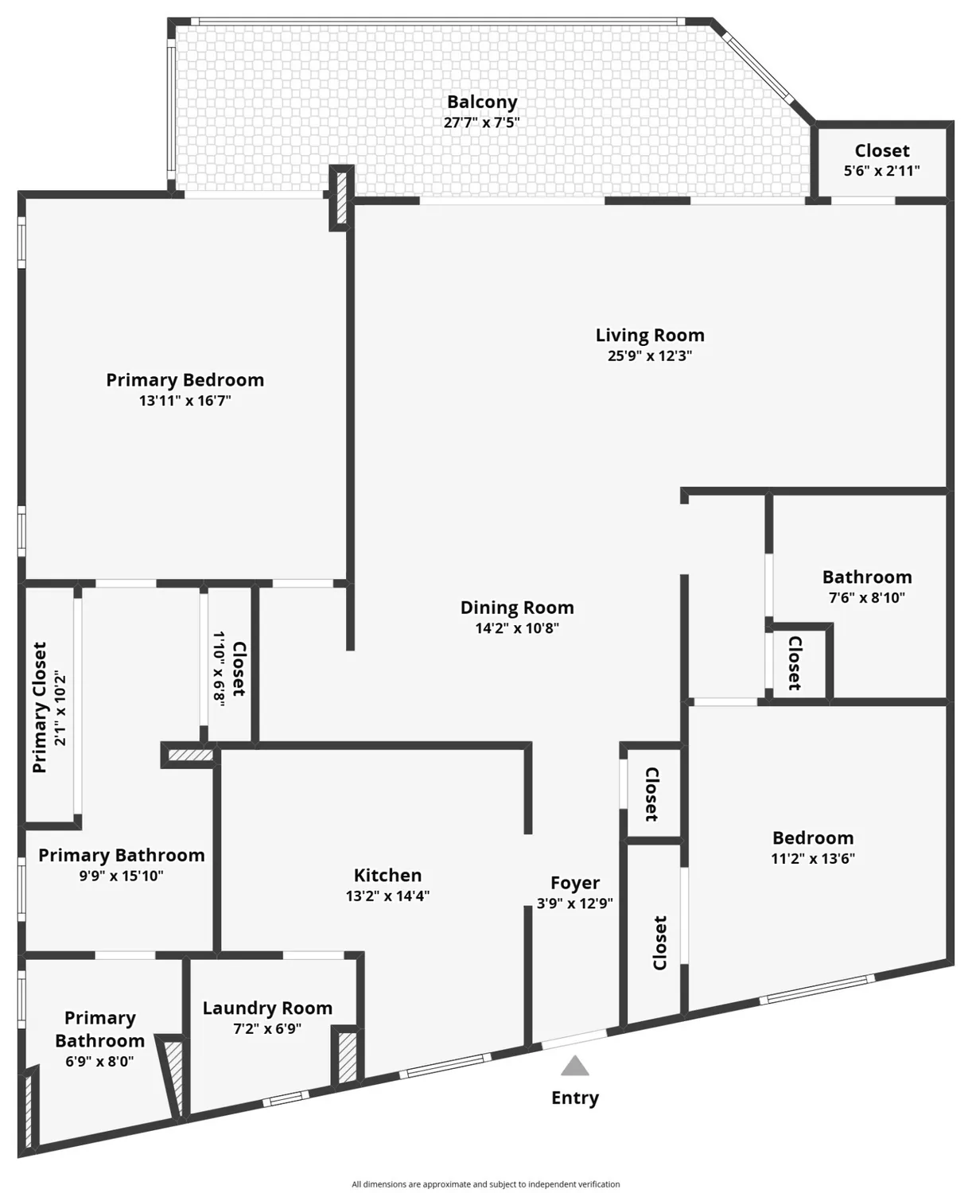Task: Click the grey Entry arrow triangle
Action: pos(574,1066)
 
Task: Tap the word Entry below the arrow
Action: pos(574,1098)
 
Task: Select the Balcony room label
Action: pos(482,102)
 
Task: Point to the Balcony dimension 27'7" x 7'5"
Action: pos(482,122)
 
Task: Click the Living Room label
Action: pos(650,335)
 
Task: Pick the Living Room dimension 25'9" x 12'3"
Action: pos(650,356)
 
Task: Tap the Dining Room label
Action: pos(517,608)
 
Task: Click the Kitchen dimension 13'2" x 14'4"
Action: pos(387,896)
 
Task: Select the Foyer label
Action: pos(574,883)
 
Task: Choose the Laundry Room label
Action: pos(267,1008)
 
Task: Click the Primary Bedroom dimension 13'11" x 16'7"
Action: pos(185,400)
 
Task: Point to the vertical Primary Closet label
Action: pos(40,707)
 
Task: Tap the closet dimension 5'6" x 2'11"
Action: pos(881,170)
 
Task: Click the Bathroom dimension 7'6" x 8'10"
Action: pos(867,597)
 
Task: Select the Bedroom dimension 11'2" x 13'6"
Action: pos(813,858)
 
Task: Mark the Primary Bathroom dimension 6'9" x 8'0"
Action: pos(99,1061)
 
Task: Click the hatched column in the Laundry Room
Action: pos(348,1057)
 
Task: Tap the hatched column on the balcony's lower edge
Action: pos(341,198)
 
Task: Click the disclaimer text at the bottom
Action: pos(485,1184)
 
